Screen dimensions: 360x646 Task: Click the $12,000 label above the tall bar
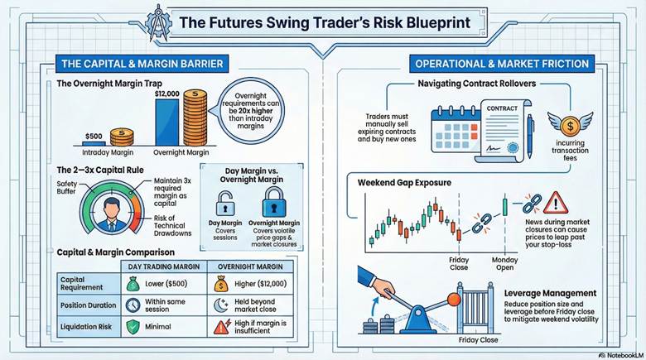167,94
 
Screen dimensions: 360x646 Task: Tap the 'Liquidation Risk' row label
84,326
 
